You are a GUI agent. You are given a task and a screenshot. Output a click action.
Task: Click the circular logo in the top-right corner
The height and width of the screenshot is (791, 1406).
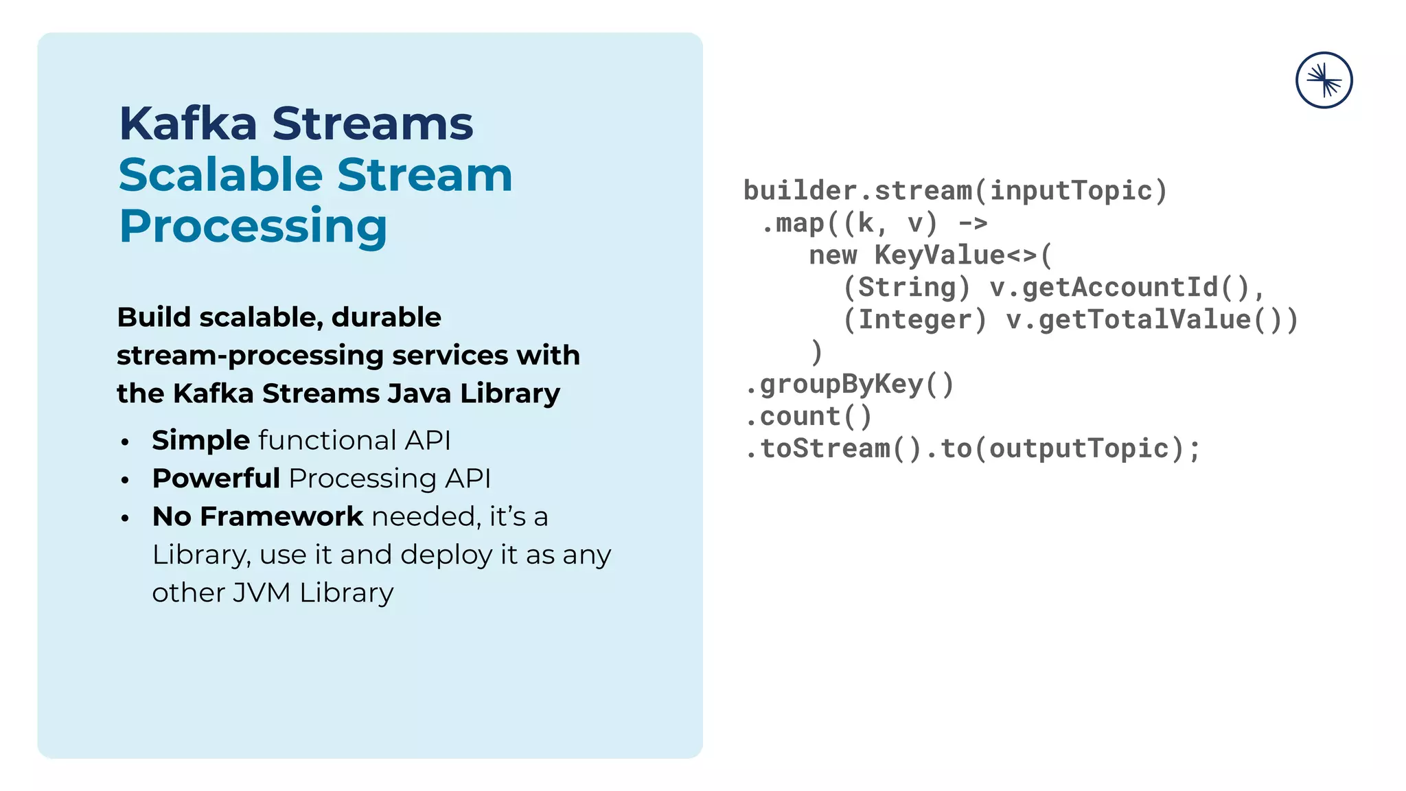[1324, 80]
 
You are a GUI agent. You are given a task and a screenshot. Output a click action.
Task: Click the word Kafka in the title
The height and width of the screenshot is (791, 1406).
[188, 124]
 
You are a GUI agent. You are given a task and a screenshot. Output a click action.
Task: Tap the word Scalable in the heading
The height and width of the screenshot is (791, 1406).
[220, 175]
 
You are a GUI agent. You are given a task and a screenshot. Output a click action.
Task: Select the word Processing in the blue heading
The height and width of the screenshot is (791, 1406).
[253, 226]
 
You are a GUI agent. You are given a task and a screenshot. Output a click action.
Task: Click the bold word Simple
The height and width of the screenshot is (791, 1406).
[200, 440]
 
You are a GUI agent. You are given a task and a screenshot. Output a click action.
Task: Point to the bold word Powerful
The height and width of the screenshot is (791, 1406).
[216, 479]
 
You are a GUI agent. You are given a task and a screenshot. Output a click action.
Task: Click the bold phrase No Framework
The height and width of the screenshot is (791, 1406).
[257, 516]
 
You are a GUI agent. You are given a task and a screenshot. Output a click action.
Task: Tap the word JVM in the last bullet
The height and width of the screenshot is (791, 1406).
[261, 593]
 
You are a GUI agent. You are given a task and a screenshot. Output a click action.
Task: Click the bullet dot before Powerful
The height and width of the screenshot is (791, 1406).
[125, 480]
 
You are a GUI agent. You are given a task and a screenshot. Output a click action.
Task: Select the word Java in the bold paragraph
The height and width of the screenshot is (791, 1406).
[418, 393]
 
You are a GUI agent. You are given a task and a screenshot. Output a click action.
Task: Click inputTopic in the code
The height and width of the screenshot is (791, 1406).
[1070, 191]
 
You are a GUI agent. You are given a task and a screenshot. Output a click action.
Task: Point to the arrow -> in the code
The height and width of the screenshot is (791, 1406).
[973, 223]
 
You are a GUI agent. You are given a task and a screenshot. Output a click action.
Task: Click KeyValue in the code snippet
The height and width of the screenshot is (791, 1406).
[939, 255]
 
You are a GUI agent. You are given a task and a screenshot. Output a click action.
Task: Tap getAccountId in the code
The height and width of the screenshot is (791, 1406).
[1120, 288]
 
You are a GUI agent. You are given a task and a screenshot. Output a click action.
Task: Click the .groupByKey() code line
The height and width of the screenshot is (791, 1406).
[850, 385]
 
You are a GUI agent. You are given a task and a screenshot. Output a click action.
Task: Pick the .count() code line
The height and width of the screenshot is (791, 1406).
[809, 417]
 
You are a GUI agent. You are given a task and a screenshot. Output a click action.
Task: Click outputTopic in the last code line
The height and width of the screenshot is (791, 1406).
[1079, 449]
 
